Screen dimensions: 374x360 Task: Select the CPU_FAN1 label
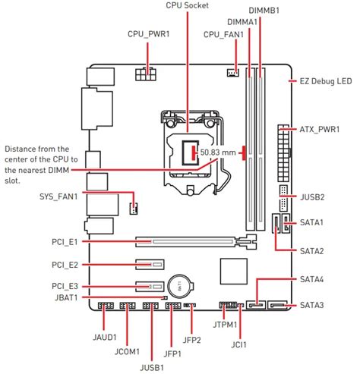click(224, 34)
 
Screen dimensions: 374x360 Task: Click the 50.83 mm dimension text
click(219, 153)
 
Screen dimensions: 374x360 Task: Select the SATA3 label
click(312, 305)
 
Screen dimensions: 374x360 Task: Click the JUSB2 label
click(312, 197)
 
